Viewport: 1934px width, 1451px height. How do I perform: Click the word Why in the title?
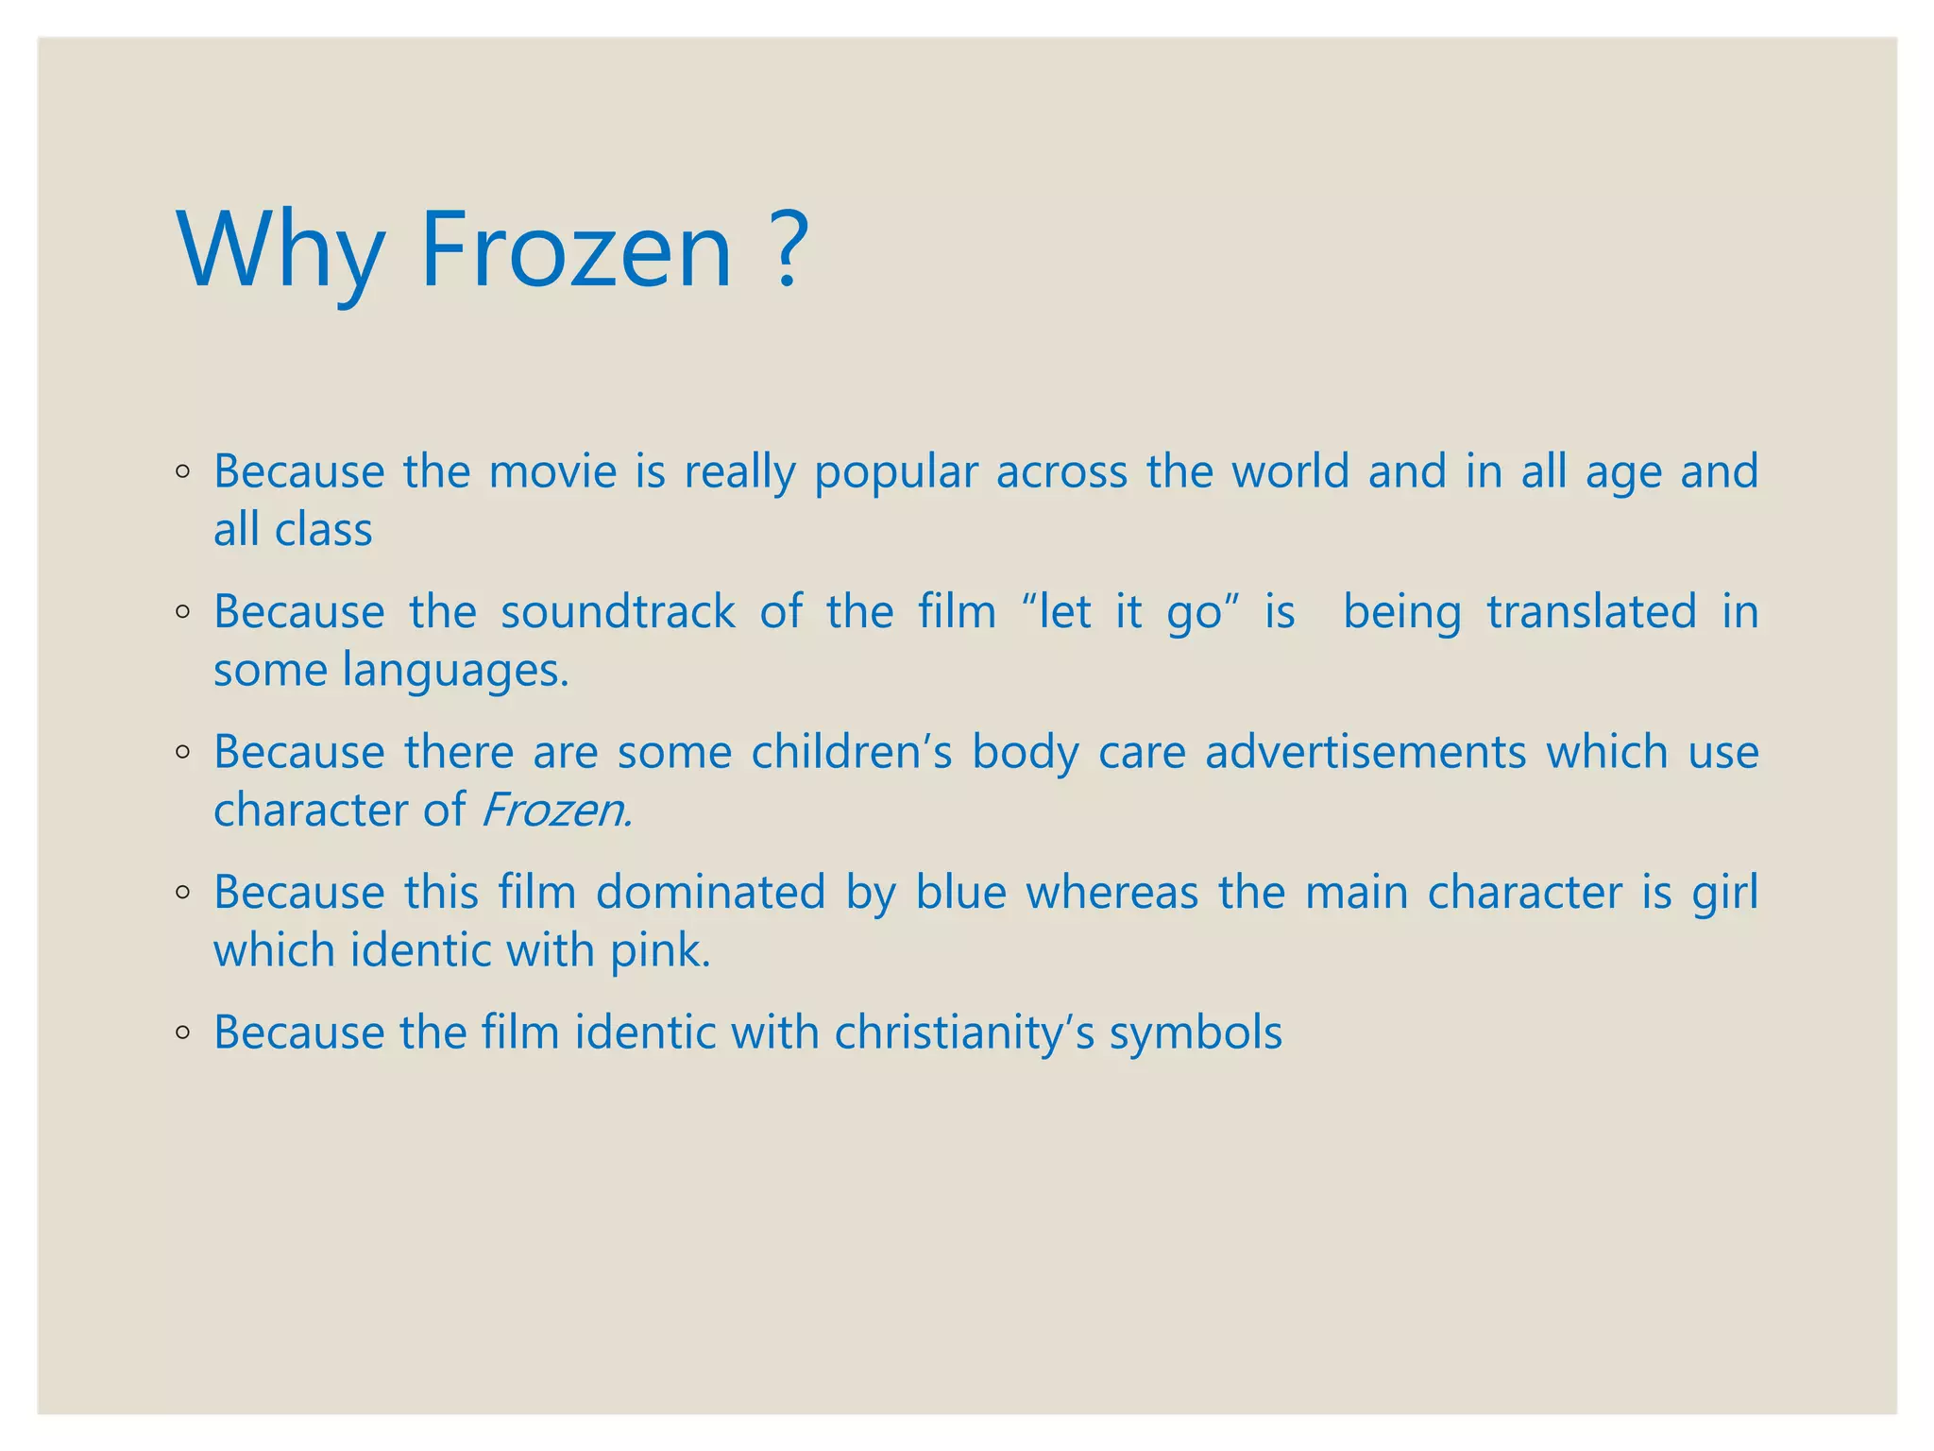tap(280, 250)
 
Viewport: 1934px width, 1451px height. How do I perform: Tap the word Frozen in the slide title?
tap(575, 250)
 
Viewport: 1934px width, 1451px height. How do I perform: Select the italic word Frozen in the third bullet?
tap(555, 811)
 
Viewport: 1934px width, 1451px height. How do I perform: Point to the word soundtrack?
tap(618, 611)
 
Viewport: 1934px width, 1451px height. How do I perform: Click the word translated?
tap(1591, 611)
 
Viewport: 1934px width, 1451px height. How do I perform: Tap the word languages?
tap(456, 671)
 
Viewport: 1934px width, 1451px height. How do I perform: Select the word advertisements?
tap(1365, 752)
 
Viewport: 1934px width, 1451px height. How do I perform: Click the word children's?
tap(851, 752)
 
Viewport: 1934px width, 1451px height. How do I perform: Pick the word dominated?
tap(710, 893)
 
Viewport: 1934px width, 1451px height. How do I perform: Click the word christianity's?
tap(963, 1032)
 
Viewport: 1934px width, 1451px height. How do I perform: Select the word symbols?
tap(1196, 1033)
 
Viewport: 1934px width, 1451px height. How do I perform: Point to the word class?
tap(323, 530)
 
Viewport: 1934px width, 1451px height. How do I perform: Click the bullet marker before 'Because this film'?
tap(183, 893)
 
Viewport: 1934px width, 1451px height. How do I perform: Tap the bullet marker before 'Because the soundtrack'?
tap(183, 612)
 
